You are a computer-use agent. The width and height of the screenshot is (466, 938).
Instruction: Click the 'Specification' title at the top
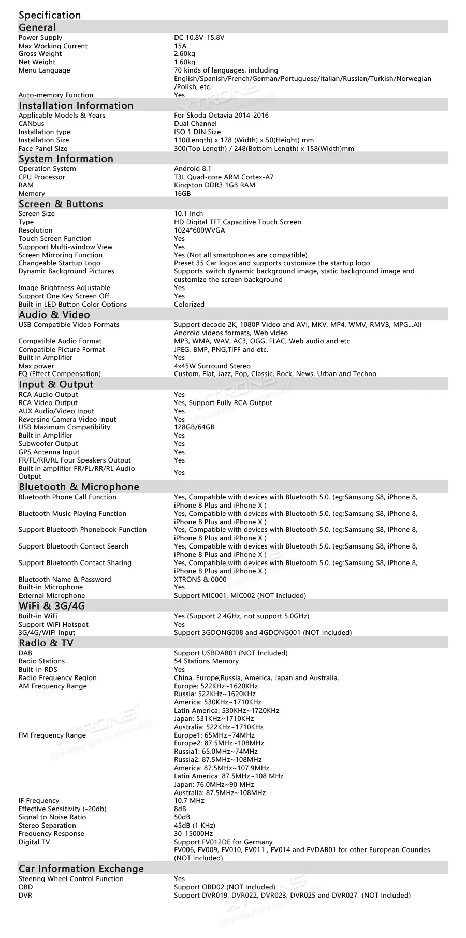point(50,15)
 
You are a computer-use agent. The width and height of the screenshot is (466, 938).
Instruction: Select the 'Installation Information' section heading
point(76,106)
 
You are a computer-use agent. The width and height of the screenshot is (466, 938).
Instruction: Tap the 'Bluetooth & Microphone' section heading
point(79,487)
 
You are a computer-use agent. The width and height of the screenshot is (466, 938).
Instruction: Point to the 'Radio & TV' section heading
point(46,643)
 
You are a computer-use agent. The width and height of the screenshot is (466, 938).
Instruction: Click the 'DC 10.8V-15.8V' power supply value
point(199,38)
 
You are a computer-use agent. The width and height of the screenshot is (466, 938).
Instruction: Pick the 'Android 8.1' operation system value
point(193,169)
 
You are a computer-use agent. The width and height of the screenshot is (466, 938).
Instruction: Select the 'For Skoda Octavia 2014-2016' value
point(221,116)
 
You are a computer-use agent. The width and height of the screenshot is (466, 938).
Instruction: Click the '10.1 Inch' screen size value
point(188,214)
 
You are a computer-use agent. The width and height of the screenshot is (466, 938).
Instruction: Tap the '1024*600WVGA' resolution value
point(199,230)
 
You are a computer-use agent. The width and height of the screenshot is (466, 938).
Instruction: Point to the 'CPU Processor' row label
point(42,177)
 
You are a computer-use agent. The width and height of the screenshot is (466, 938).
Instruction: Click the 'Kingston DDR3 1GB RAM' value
point(214,185)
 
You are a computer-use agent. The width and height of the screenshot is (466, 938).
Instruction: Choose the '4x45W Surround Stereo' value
point(212,366)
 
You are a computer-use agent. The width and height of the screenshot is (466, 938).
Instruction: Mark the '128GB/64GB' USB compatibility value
point(194,427)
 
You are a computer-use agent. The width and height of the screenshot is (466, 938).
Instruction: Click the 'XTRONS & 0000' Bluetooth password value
point(200,580)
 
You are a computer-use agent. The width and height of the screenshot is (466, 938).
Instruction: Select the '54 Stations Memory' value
point(206,661)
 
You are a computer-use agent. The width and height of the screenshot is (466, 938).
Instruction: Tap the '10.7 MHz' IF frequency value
point(189,801)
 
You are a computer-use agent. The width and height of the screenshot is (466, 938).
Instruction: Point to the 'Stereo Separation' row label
point(47,826)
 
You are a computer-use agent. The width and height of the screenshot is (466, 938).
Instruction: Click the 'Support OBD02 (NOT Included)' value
point(224,887)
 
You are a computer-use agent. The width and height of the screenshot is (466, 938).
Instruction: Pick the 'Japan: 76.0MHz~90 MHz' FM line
point(214,785)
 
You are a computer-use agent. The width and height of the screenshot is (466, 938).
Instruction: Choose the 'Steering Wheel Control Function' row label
point(71,879)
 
